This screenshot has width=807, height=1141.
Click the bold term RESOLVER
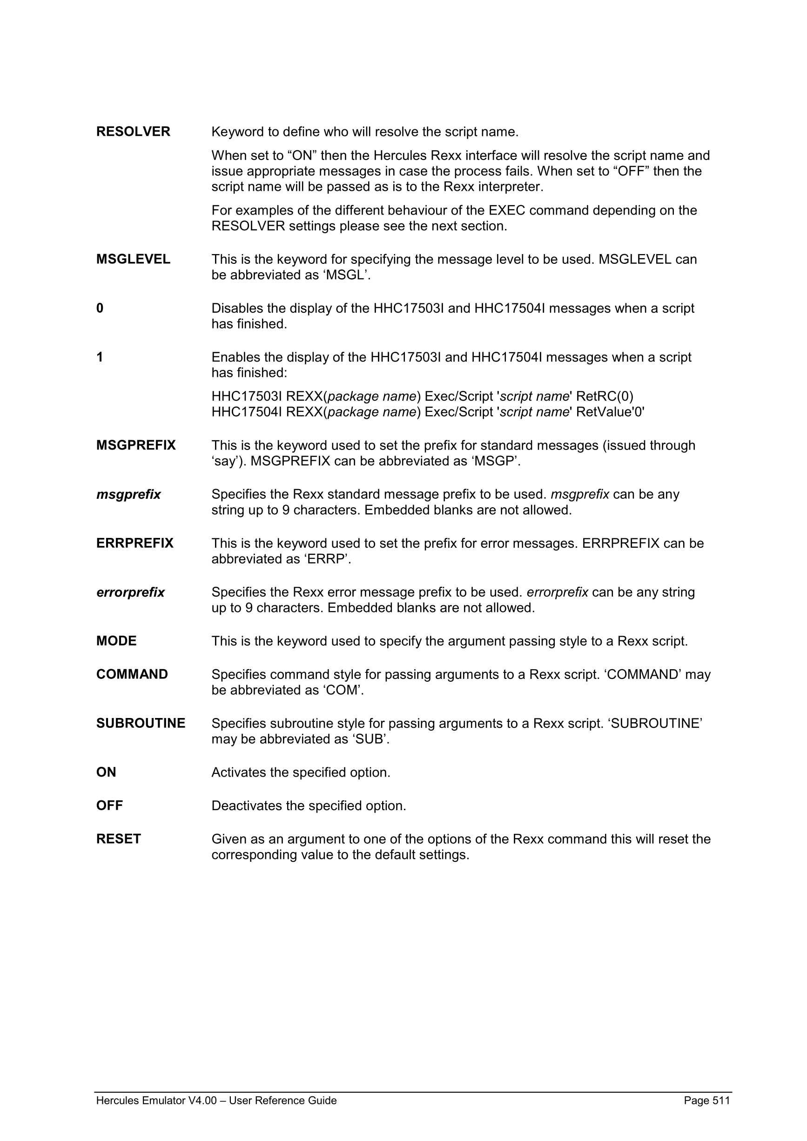[133, 132]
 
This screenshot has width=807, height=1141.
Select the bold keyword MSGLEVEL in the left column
[133, 259]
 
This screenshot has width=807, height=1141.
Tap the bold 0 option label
[100, 309]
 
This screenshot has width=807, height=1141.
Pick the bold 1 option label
[100, 357]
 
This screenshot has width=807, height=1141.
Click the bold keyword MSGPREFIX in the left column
[135, 445]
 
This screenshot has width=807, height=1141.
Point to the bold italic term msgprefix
[128, 495]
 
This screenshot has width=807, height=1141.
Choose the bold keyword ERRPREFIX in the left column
[134, 543]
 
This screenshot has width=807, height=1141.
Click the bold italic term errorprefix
[130, 592]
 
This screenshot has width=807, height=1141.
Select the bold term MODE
[116, 641]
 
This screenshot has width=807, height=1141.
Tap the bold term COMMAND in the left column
[132, 674]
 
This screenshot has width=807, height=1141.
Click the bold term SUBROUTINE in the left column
[141, 724]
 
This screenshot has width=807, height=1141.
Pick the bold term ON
[106, 772]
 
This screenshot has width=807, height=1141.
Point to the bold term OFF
[109, 805]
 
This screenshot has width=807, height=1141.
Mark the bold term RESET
[119, 839]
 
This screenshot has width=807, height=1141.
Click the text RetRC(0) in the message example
[605, 396]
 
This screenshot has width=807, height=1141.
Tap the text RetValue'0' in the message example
[610, 412]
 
